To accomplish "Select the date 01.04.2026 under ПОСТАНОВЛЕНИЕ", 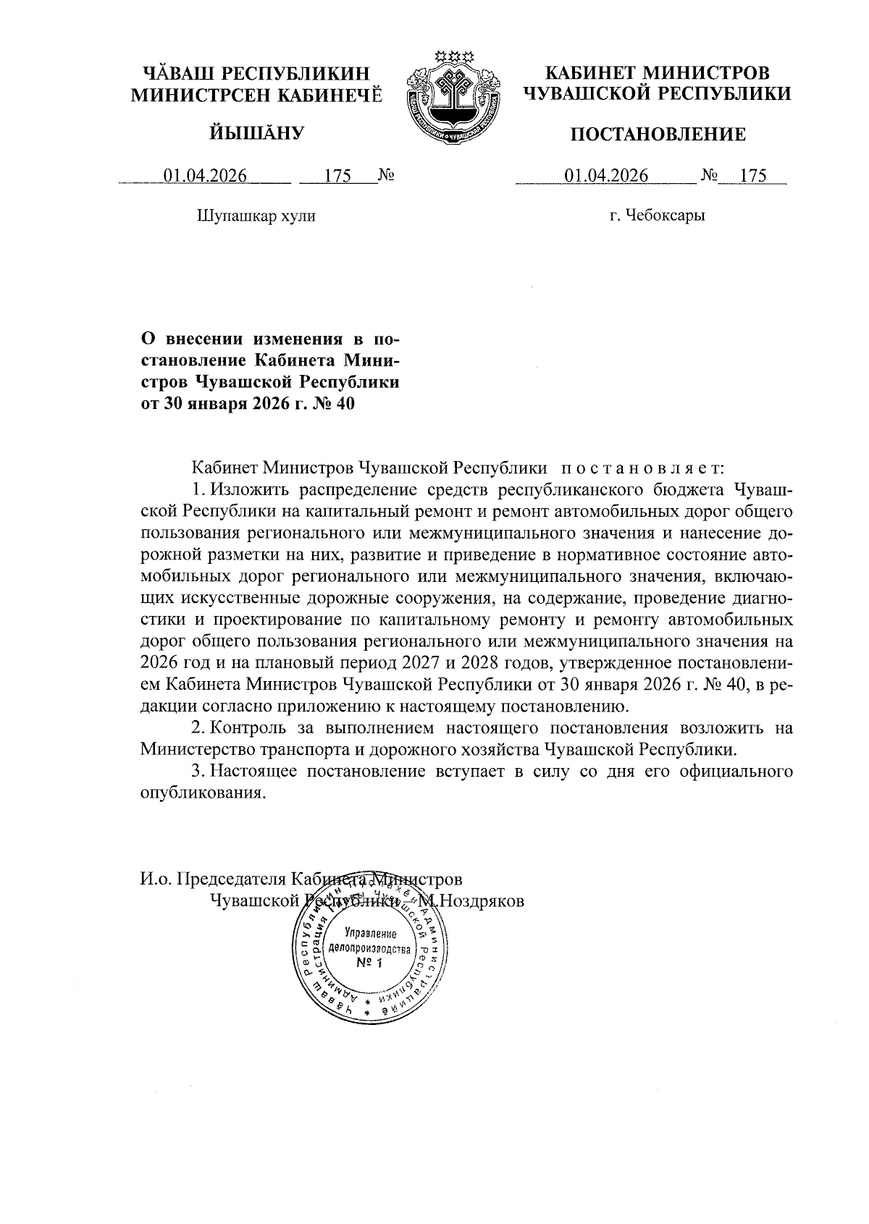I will coord(607,176).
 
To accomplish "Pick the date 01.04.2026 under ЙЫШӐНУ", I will coord(205,176).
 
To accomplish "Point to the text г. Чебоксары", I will coord(658,216).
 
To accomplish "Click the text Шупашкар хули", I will coord(256,216).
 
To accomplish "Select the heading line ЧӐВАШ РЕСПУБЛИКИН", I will coord(256,73).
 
